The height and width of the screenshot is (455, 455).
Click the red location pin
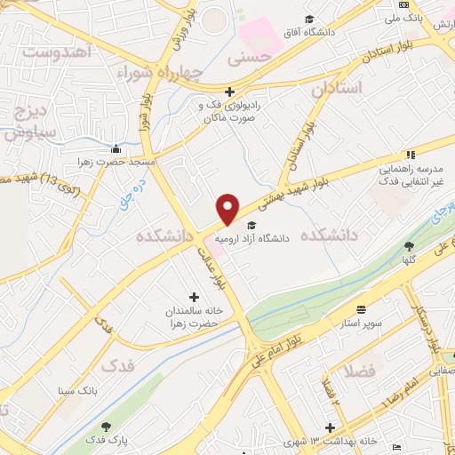[x=228, y=208]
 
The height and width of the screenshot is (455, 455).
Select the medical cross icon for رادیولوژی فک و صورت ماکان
[x=229, y=92]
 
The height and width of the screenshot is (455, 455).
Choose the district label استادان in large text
[x=339, y=89]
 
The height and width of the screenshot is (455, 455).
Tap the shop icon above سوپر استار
[x=361, y=309]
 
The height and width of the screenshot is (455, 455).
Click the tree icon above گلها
[x=409, y=245]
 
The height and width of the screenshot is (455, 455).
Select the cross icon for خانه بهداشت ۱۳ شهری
[x=330, y=427]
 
